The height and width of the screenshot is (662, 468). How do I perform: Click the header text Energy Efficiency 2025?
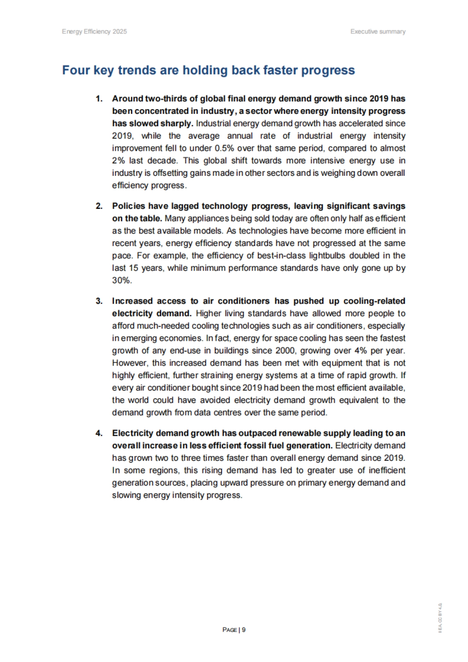click(94, 32)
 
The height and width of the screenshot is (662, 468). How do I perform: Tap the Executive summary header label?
click(378, 32)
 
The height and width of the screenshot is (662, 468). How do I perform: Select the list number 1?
click(99, 99)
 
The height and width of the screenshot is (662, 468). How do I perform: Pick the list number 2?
click(99, 206)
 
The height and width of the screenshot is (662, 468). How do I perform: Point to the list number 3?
click(99, 301)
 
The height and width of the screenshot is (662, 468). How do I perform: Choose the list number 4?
click(99, 433)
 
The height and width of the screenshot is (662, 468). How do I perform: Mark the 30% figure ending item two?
click(122, 280)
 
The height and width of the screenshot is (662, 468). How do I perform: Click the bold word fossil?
click(257, 446)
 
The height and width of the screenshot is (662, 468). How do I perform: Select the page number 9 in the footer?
click(244, 630)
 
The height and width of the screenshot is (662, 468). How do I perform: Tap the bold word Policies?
click(128, 206)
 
